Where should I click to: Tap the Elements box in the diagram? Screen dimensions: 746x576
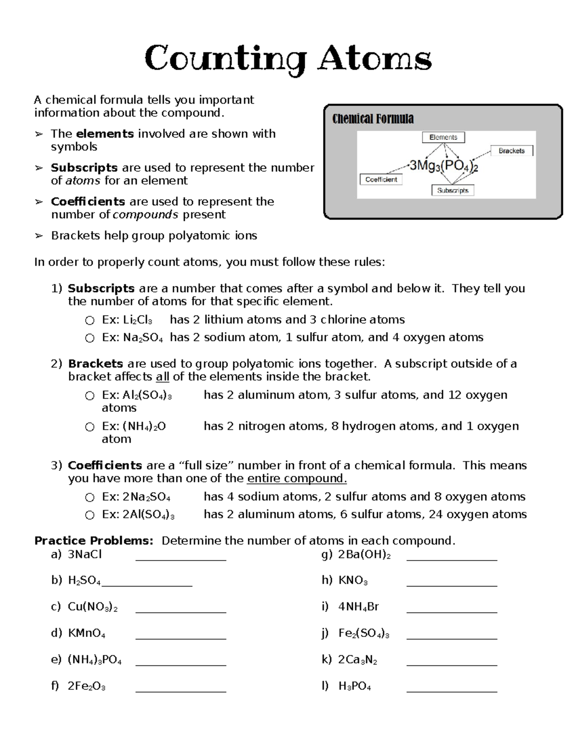[443, 137]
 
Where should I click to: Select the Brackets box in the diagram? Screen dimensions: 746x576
[511, 151]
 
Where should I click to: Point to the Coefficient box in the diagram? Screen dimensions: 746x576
[381, 180]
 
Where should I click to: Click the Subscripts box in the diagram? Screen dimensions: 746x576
[453, 190]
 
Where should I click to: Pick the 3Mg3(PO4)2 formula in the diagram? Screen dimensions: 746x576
[444, 166]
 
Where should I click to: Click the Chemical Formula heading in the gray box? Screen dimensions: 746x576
[373, 119]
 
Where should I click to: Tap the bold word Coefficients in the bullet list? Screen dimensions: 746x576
[88, 202]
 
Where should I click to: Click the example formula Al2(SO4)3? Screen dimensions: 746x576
[147, 395]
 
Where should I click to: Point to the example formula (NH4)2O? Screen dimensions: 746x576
[144, 427]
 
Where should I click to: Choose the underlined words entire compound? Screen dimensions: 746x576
[296, 479]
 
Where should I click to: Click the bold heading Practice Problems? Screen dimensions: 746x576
[94, 541]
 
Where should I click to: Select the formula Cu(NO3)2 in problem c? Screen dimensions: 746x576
[93, 607]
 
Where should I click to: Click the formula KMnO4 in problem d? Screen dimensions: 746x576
[86, 634]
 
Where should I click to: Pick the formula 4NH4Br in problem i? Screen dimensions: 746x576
[358, 607]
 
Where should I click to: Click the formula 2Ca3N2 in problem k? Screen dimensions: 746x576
[357, 660]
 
